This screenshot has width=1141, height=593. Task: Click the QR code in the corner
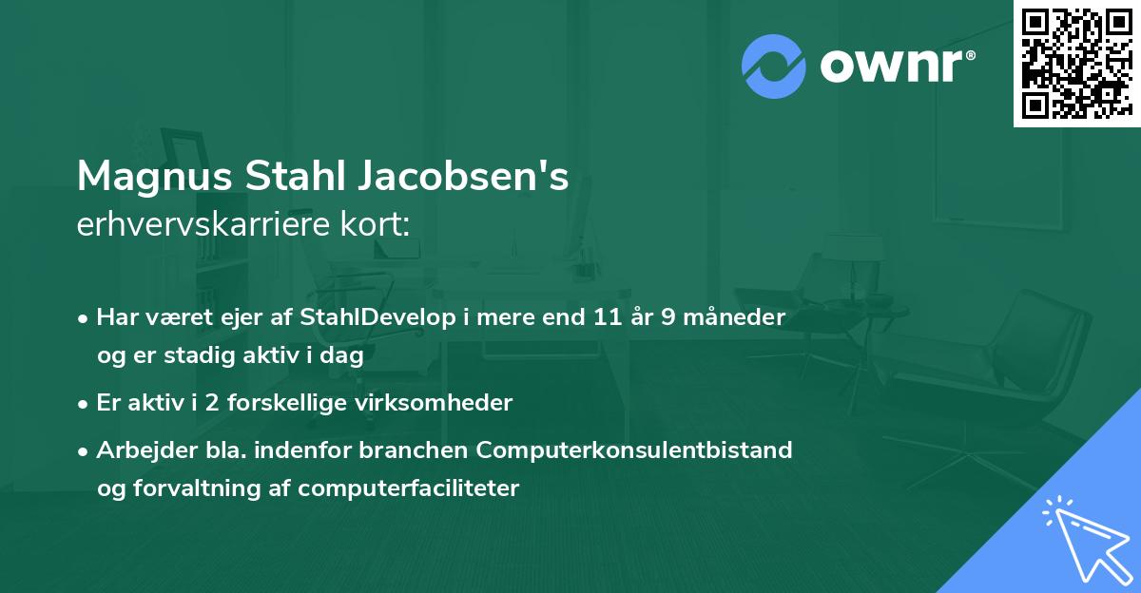(1076, 63)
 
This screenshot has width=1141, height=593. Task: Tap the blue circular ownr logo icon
(774, 66)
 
